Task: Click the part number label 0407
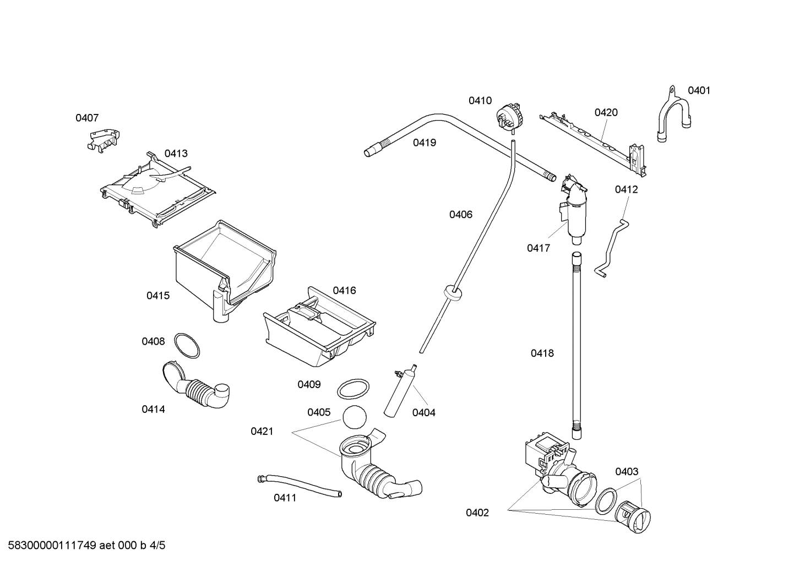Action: (87, 118)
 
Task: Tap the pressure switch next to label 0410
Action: (509, 116)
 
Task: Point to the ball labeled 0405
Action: (354, 417)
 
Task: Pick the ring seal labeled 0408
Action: (187, 345)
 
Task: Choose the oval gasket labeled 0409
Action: (353, 389)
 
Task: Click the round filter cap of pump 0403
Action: (634, 517)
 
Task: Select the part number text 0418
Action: (542, 353)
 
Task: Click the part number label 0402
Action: (477, 513)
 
